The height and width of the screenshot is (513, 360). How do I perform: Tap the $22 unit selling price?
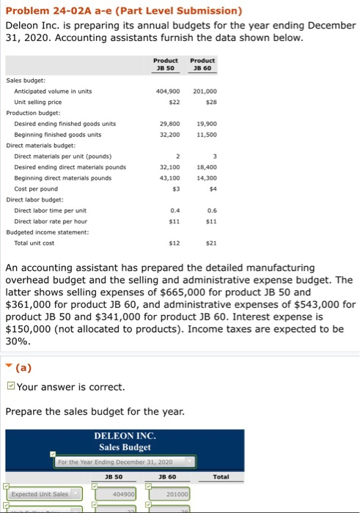[174, 102]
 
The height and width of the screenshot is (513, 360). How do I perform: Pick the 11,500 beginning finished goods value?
[205, 135]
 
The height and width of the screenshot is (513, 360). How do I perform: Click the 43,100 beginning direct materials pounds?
[169, 177]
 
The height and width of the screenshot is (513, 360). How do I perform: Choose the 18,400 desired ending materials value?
[205, 167]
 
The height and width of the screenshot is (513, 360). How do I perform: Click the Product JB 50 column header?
[166, 64]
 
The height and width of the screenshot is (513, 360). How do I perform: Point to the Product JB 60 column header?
[202, 64]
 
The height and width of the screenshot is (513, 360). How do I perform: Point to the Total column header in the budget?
[221, 477]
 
